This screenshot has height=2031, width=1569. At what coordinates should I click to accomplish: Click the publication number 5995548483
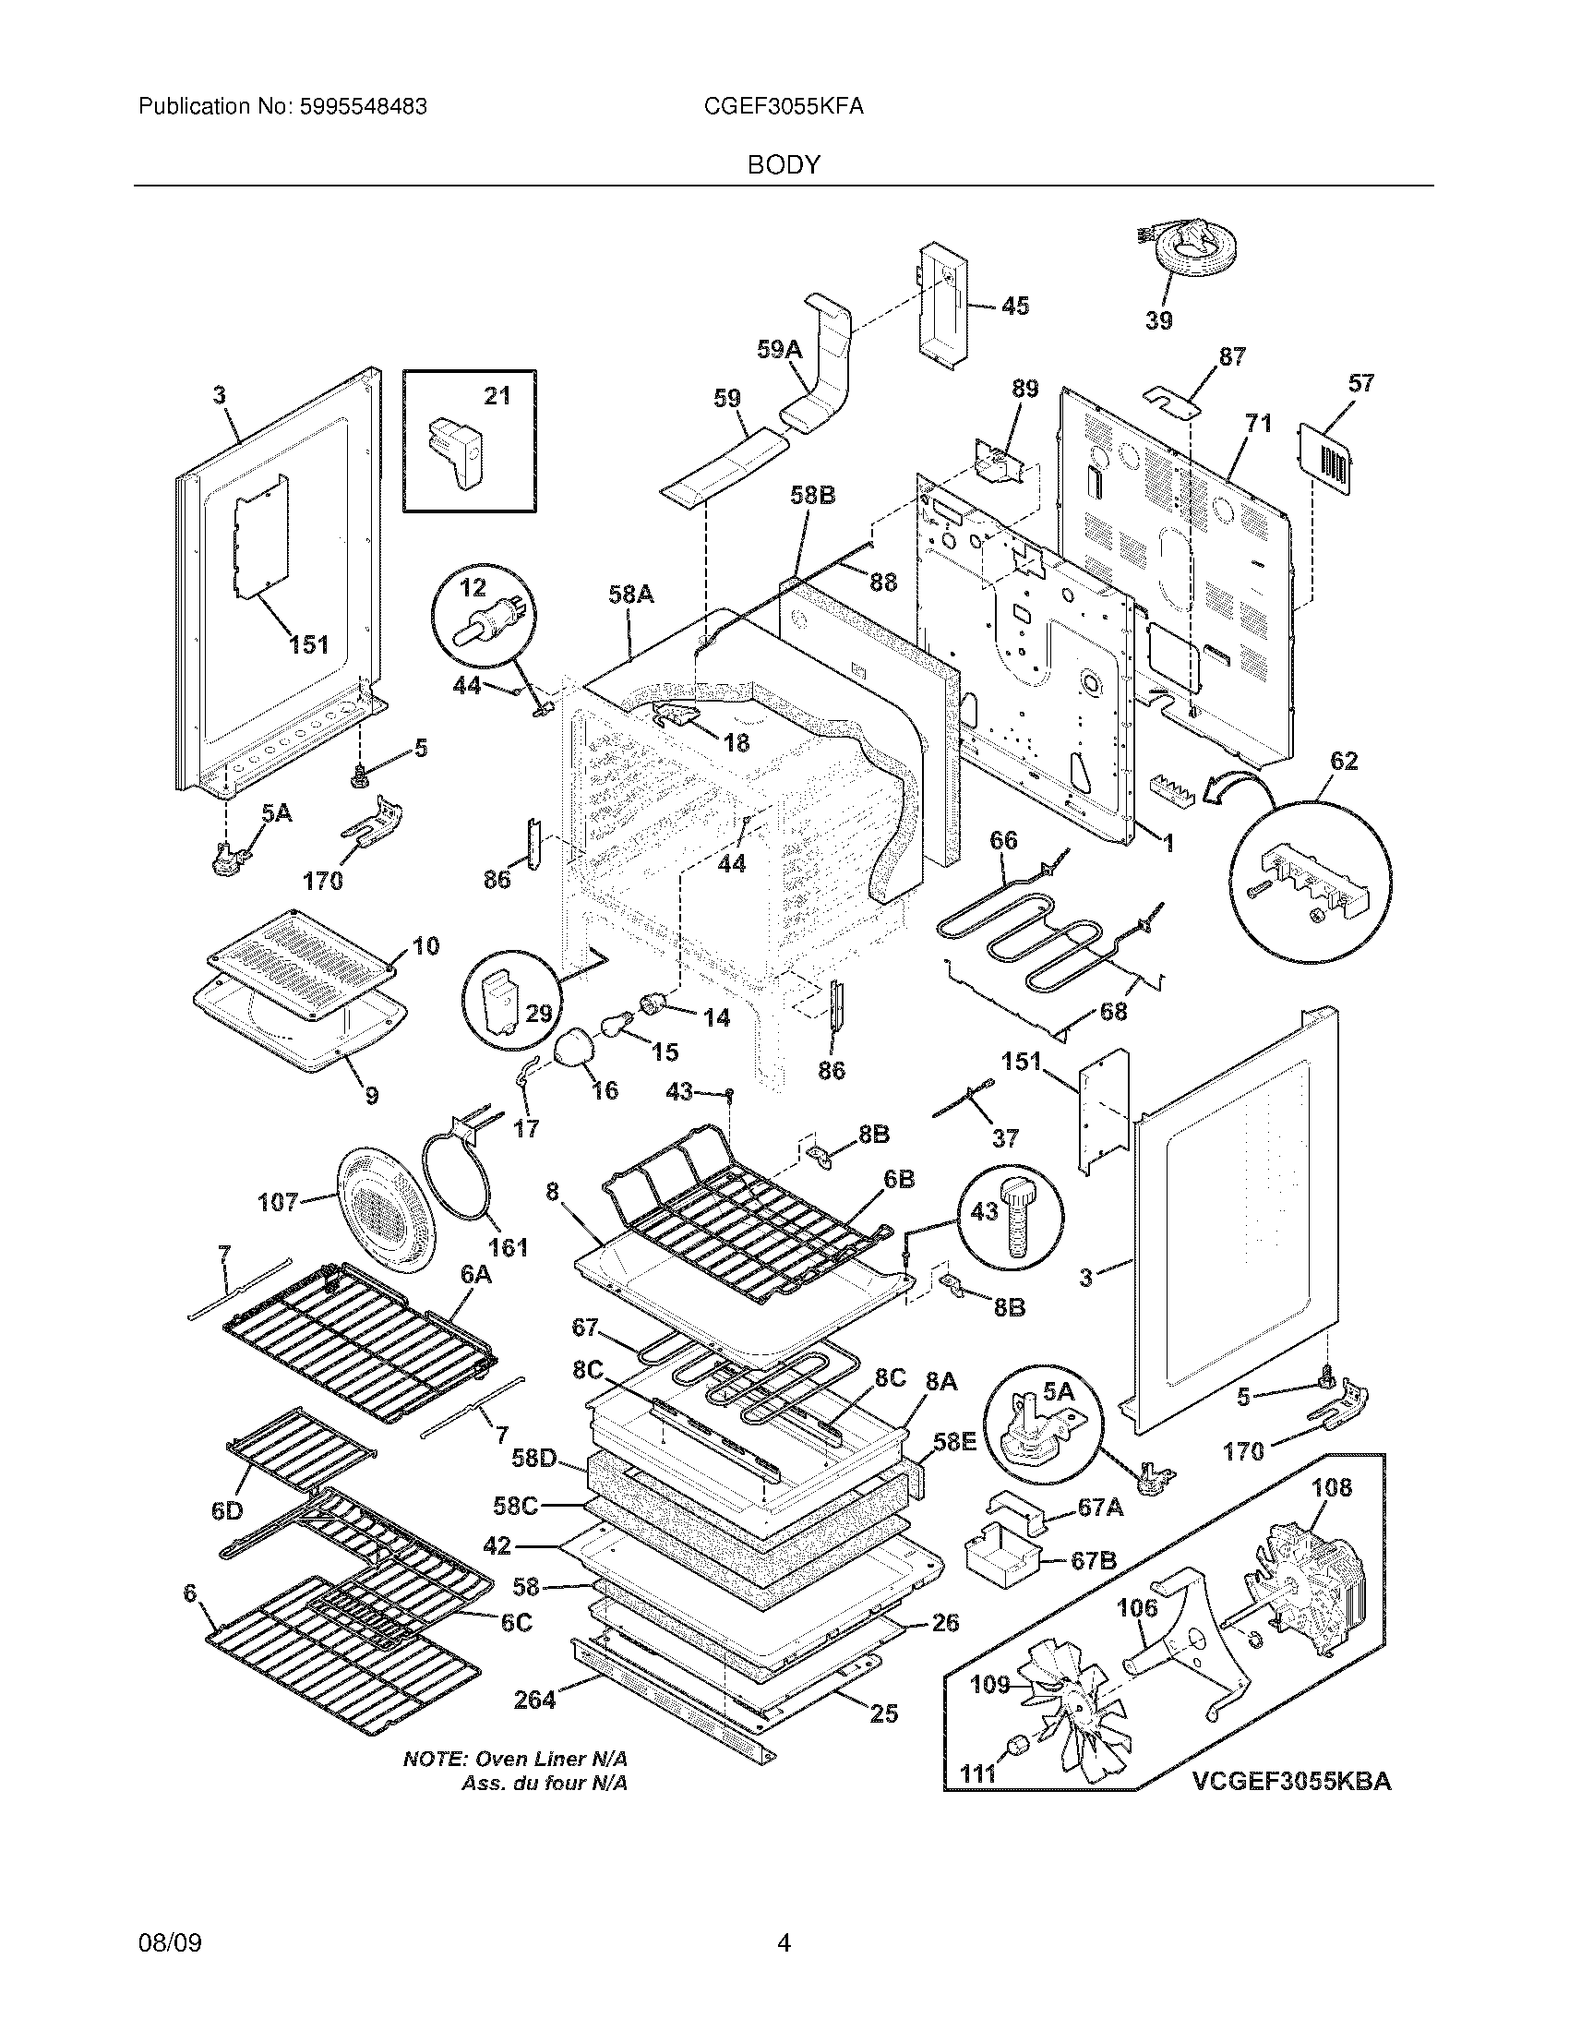coord(364,107)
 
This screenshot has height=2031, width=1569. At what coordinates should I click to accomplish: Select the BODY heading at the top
coord(784,165)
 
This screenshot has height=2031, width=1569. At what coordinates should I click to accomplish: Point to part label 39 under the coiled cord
coord(1158,321)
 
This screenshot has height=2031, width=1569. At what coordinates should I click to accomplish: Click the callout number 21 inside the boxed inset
coord(497,396)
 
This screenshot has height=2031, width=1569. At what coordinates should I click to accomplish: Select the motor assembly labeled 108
coord(1301,1591)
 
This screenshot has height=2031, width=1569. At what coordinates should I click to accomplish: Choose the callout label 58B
coord(812,496)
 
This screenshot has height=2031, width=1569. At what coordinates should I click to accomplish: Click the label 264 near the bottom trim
coord(534,1700)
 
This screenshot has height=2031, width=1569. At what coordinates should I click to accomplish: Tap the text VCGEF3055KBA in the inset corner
coord(1292,1781)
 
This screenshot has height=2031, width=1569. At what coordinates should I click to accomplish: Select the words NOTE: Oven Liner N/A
coord(516,1759)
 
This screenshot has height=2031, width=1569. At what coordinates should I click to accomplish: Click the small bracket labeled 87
coord(1172,397)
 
